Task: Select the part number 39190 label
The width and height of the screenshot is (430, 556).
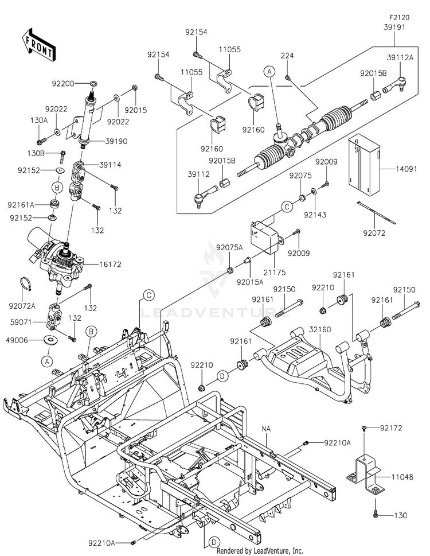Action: click(116, 141)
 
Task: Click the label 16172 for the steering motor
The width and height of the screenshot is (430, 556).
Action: click(110, 264)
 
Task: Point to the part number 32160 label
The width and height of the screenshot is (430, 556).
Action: click(320, 329)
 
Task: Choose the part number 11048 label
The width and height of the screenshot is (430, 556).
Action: click(402, 477)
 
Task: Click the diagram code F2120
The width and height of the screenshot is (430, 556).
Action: click(399, 17)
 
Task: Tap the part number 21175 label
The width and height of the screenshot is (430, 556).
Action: click(274, 273)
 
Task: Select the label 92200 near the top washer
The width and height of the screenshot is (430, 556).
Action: click(63, 84)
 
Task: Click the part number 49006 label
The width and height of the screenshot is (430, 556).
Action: click(17, 340)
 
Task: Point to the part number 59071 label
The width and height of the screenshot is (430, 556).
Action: click(21, 322)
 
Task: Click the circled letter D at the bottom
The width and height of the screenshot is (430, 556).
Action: click(214, 542)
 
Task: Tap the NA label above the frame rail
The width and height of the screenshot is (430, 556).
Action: click(266, 429)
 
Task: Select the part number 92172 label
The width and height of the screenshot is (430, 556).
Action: click(391, 428)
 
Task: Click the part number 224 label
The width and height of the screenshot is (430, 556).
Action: click(287, 56)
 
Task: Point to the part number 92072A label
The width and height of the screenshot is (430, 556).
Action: click(22, 306)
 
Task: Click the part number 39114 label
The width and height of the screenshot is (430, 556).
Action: click(110, 165)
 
